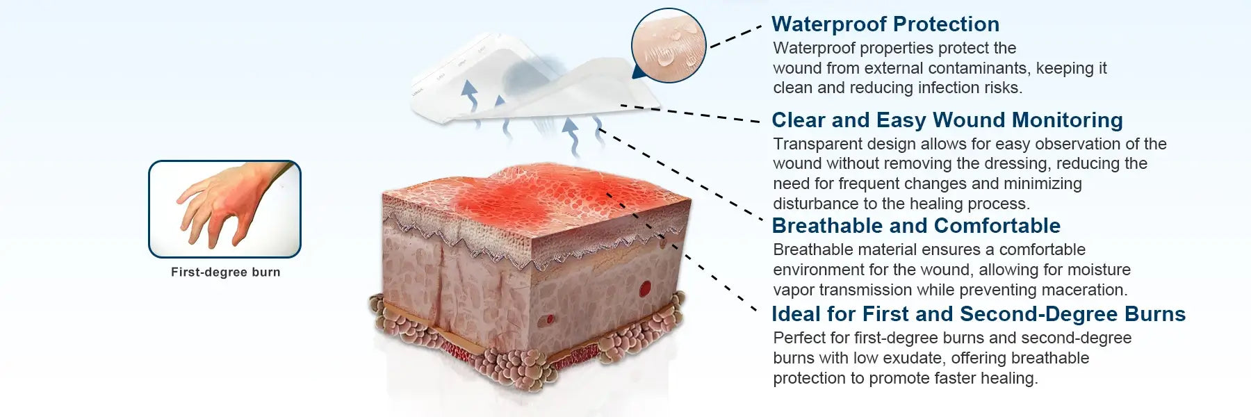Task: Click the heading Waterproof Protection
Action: (885, 24)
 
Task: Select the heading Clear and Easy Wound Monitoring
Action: (947, 120)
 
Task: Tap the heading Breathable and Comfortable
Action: (916, 226)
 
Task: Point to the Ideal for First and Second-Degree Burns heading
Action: (979, 314)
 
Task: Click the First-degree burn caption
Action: (226, 272)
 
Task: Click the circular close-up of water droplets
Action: (669, 45)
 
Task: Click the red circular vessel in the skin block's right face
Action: (646, 286)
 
